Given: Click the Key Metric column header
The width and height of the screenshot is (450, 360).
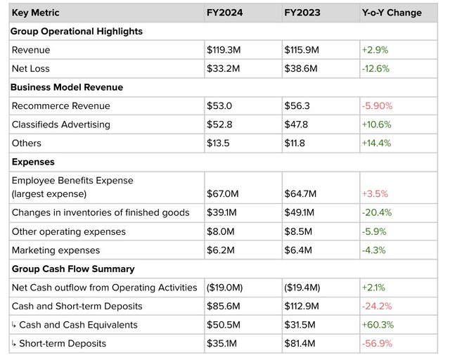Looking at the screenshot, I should coord(35,13).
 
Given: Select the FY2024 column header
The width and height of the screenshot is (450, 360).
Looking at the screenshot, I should coord(224,13).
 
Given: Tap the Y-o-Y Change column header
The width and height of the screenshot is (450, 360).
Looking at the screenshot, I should coord(392,13).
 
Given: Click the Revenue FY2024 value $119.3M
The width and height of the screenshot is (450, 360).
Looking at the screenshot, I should coord(226,50).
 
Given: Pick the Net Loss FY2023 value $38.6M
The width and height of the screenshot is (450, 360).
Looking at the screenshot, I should coord(303,68).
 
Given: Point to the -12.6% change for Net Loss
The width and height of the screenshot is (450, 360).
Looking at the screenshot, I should coord(376,68).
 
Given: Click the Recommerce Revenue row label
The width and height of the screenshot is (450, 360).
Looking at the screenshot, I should coord(61,106).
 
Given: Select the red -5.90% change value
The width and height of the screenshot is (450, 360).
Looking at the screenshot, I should coord(378,106).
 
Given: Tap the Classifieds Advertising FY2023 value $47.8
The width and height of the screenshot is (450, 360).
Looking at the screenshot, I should coord(297,124).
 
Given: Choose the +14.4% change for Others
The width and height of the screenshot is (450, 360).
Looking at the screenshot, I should coord(377,143).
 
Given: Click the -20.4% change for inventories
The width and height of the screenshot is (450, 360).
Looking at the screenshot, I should coord(377,212).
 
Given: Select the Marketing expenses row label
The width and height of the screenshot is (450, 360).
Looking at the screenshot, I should coord(56,250).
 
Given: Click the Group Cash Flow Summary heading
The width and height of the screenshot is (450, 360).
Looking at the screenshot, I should coord(73,269).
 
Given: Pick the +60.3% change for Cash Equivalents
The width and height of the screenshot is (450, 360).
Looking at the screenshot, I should coord(377,324).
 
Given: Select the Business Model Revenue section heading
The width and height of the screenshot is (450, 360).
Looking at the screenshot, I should coord(67,87).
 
